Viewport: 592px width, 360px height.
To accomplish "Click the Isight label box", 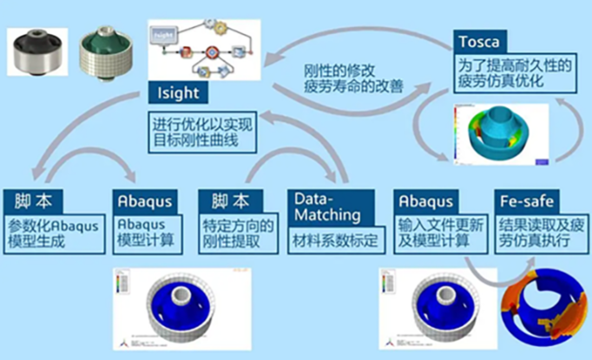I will tap(178, 93).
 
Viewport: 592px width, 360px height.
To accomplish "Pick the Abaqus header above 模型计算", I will tap(143, 201).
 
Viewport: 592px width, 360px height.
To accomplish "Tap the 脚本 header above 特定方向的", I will tap(225, 201).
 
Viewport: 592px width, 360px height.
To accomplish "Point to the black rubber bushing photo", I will tap(37, 53).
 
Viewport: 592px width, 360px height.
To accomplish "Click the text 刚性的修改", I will tap(336, 69).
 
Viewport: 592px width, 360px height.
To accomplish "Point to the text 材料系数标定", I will tap(331, 241).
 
